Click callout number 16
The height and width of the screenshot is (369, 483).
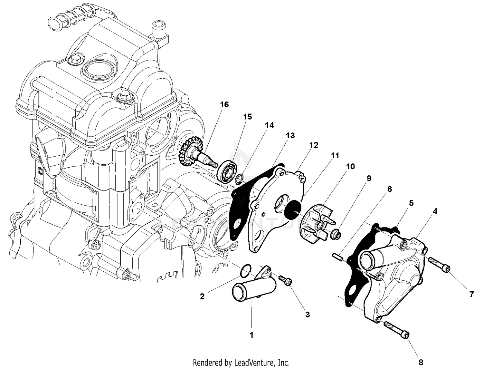[224, 105]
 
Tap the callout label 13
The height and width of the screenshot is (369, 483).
[290, 136]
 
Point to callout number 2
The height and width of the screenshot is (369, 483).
[202, 296]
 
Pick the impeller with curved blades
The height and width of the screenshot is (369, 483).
[317, 222]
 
